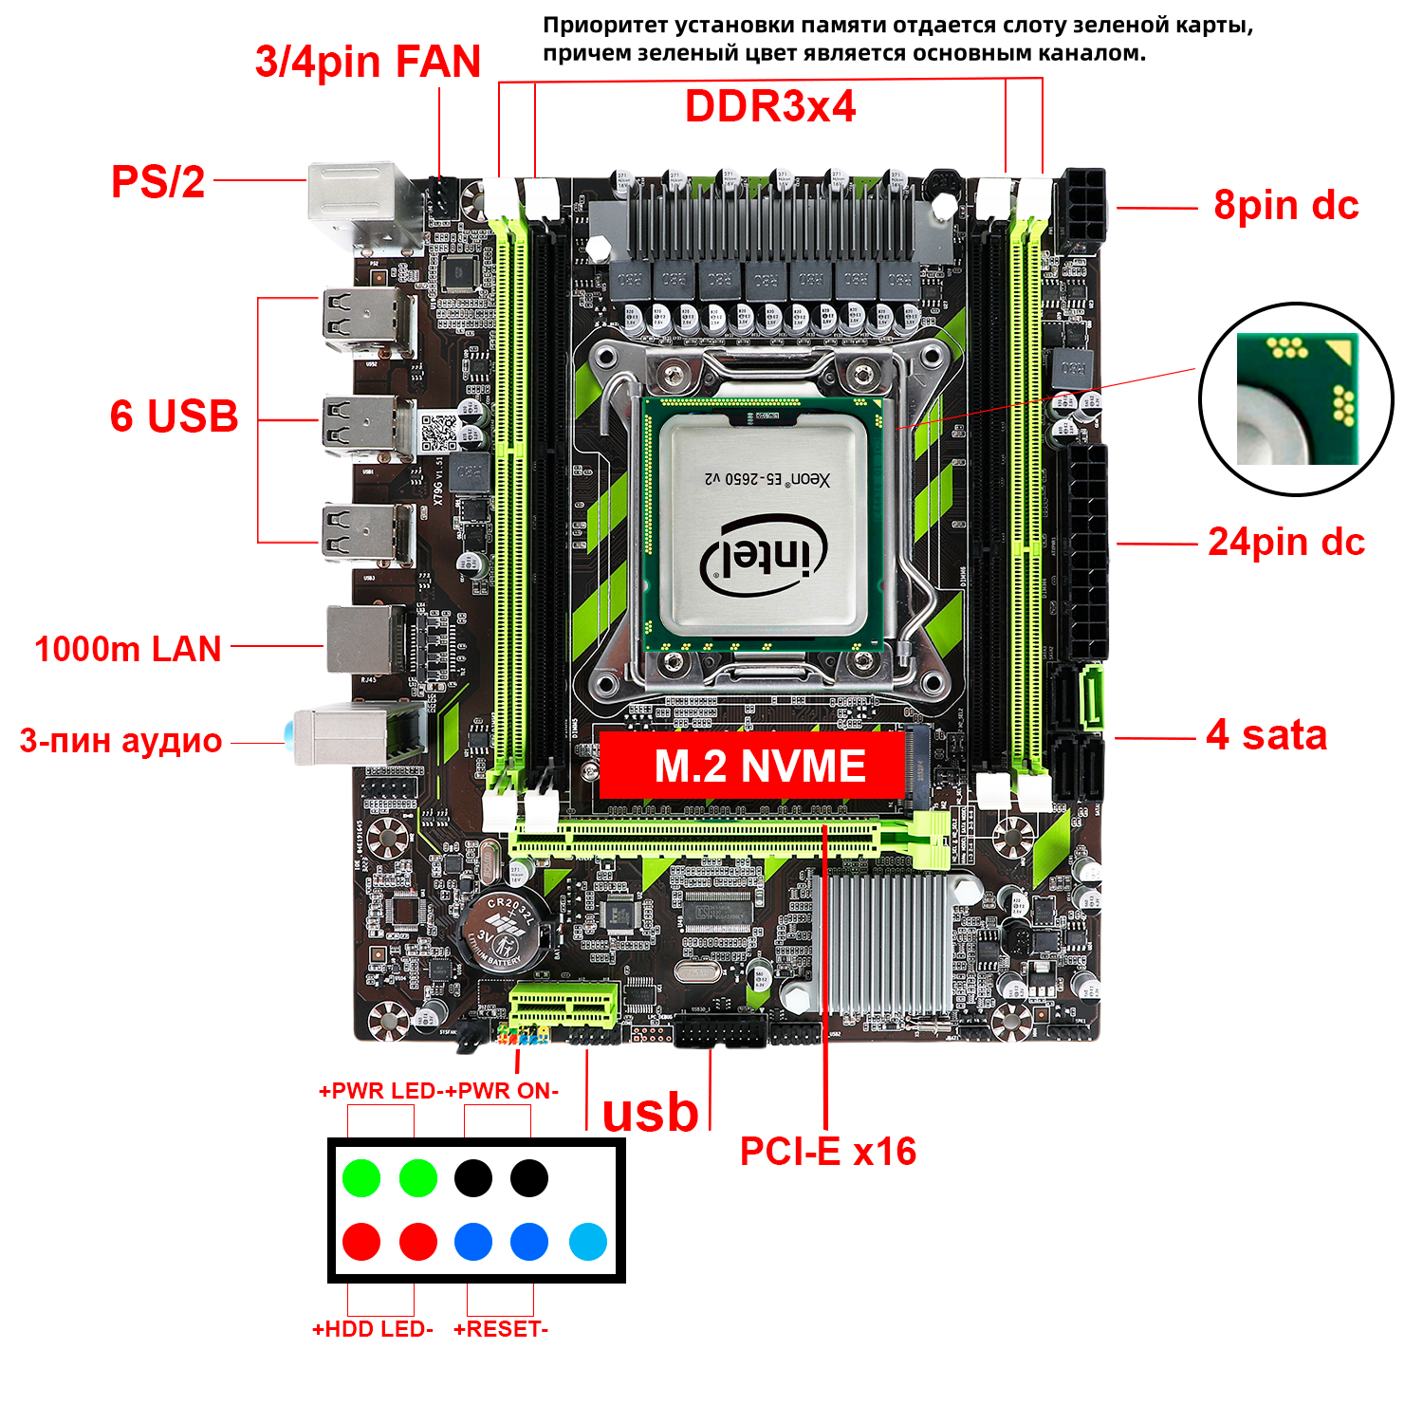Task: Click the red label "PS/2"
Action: pyautogui.click(x=157, y=181)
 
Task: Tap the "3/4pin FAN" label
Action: pyautogui.click(x=368, y=62)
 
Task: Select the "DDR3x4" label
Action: pyautogui.click(x=770, y=106)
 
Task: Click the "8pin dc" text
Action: pyautogui.click(x=1285, y=205)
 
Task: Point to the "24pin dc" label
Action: pyautogui.click(x=1285, y=542)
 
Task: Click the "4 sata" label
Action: pyautogui.click(x=1266, y=735)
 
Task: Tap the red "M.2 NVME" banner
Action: pyautogui.click(x=752, y=766)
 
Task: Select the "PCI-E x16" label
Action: pyautogui.click(x=827, y=1151)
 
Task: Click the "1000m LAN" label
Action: pyautogui.click(x=128, y=649)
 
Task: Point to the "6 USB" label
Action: pyautogui.click(x=174, y=416)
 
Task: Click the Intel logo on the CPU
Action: pyautogui.click(x=764, y=556)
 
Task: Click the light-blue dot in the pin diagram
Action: pyautogui.click(x=588, y=1242)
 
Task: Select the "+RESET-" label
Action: pyautogui.click(x=501, y=1329)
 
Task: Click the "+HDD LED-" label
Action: pyautogui.click(x=373, y=1329)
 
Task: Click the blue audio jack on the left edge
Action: pyautogui.click(x=286, y=733)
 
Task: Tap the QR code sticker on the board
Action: pyautogui.click(x=438, y=433)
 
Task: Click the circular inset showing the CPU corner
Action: pyautogui.click(x=1296, y=399)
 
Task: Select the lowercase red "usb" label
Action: pyautogui.click(x=650, y=1112)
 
